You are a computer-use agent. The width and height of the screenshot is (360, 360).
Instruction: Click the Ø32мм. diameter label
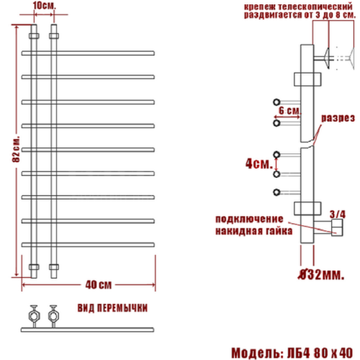pyautogui.click(x=322, y=274)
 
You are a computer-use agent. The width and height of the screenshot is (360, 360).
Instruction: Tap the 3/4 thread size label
pyautogui.click(x=336, y=214)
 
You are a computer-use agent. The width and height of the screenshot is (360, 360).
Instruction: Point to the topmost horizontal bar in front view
pyautogui.click(x=90, y=52)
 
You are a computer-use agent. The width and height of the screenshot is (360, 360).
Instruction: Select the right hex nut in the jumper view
pyautogui.click(x=52, y=315)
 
